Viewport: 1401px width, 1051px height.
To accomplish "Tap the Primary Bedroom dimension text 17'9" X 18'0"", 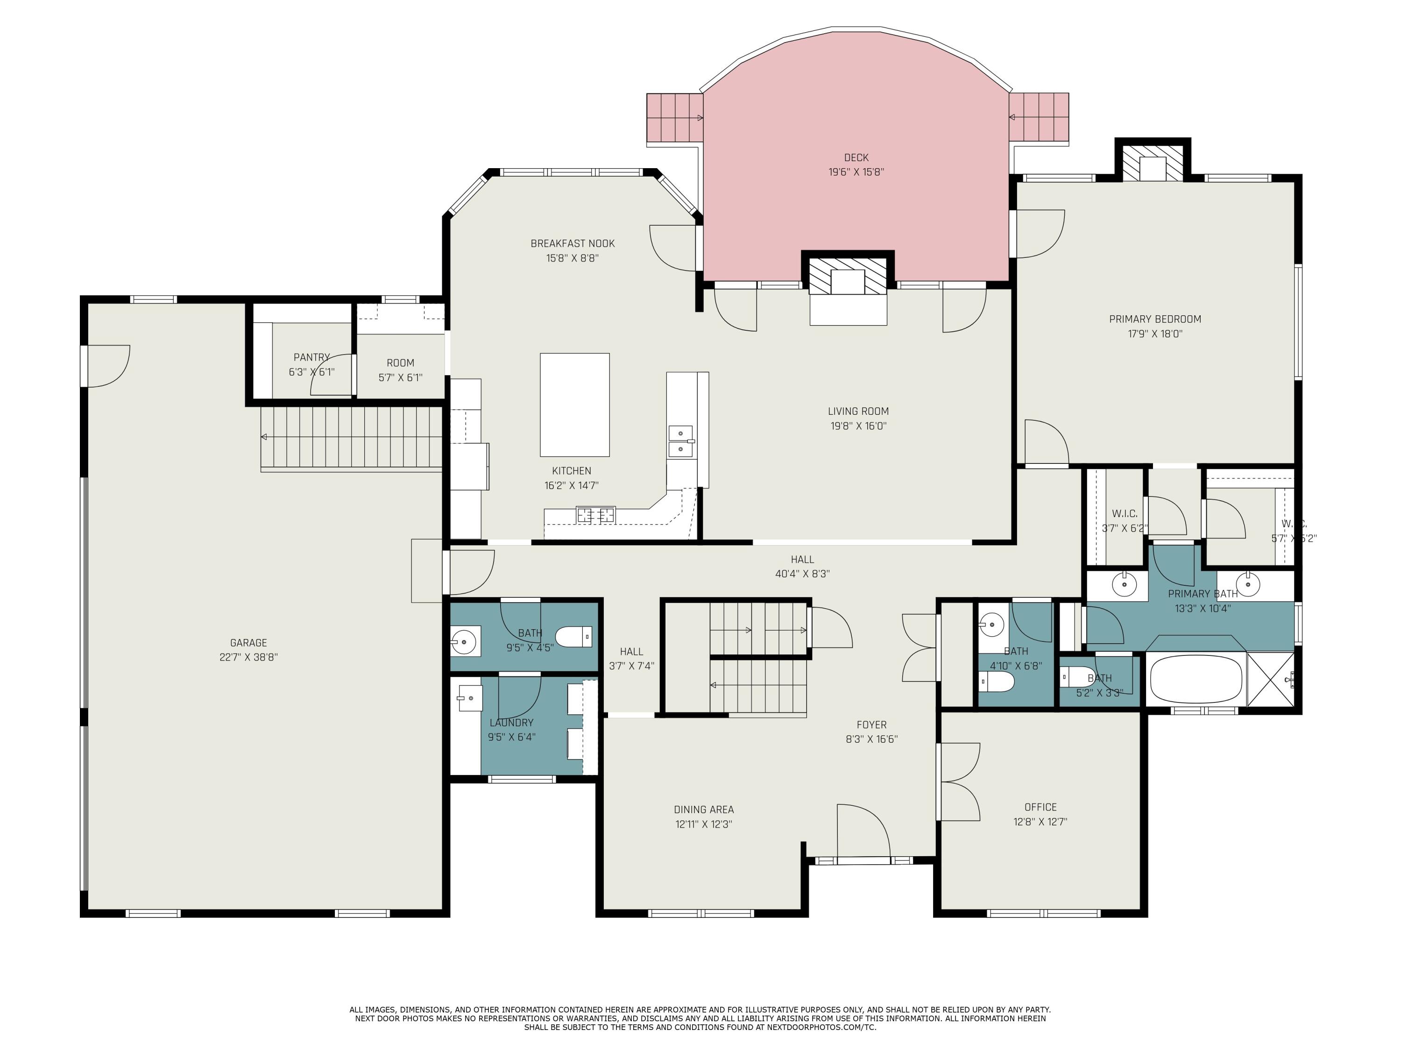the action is [x=1154, y=334].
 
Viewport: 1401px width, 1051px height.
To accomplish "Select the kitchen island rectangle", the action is [x=574, y=405].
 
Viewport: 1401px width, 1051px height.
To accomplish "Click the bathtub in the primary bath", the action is [x=1196, y=679].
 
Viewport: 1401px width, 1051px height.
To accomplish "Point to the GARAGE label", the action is [x=248, y=642].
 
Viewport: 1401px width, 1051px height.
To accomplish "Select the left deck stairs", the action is [x=674, y=118].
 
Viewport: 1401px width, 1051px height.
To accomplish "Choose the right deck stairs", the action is [x=1039, y=117].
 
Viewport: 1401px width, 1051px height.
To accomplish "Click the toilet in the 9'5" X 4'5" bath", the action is [x=574, y=636].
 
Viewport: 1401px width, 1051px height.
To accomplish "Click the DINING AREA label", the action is [x=704, y=810].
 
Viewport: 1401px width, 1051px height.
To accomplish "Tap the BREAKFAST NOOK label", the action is [x=573, y=243].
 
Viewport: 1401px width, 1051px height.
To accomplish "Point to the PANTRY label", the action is [x=311, y=357].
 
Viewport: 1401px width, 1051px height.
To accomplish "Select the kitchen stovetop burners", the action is [x=595, y=515].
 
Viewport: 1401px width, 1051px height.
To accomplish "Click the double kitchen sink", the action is [x=681, y=441].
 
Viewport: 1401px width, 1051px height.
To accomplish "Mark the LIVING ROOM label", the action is [x=858, y=411].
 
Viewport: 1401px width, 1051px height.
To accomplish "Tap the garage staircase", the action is [x=352, y=439].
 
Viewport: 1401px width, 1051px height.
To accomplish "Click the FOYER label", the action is [x=871, y=725].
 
